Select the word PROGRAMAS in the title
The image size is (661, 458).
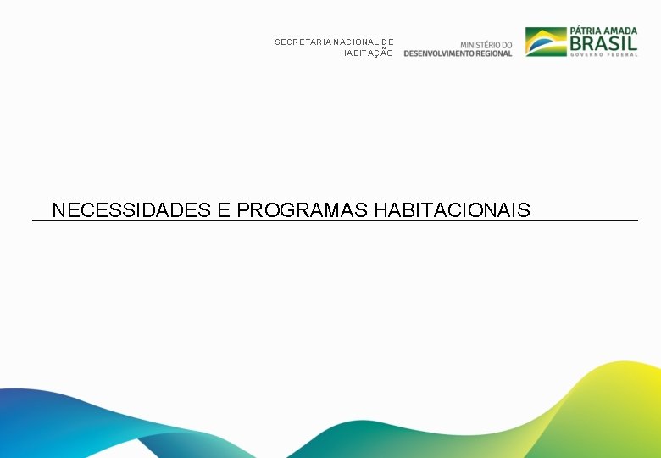(x=302, y=209)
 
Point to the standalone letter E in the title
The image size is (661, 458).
(x=224, y=209)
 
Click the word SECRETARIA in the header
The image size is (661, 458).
(x=303, y=42)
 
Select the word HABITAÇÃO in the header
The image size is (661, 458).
(x=367, y=53)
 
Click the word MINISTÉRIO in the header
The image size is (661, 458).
(x=480, y=44)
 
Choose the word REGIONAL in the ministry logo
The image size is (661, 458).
(x=494, y=53)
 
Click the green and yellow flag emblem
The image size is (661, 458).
(x=546, y=42)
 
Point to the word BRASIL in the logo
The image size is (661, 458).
(x=604, y=42)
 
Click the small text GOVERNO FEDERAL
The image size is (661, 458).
(x=604, y=54)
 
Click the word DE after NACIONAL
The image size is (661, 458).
(x=387, y=42)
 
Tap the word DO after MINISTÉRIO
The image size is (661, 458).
(x=506, y=44)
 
